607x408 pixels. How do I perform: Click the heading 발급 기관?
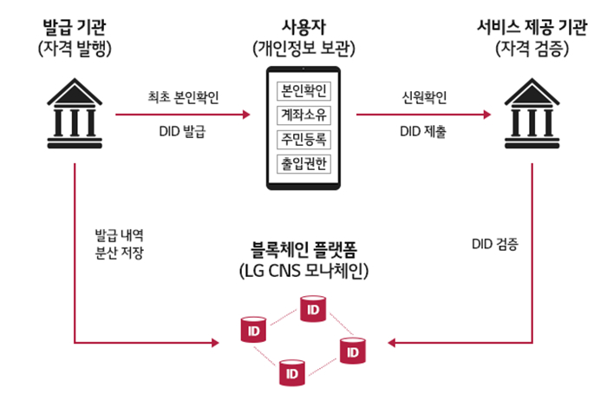coord(75,24)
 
